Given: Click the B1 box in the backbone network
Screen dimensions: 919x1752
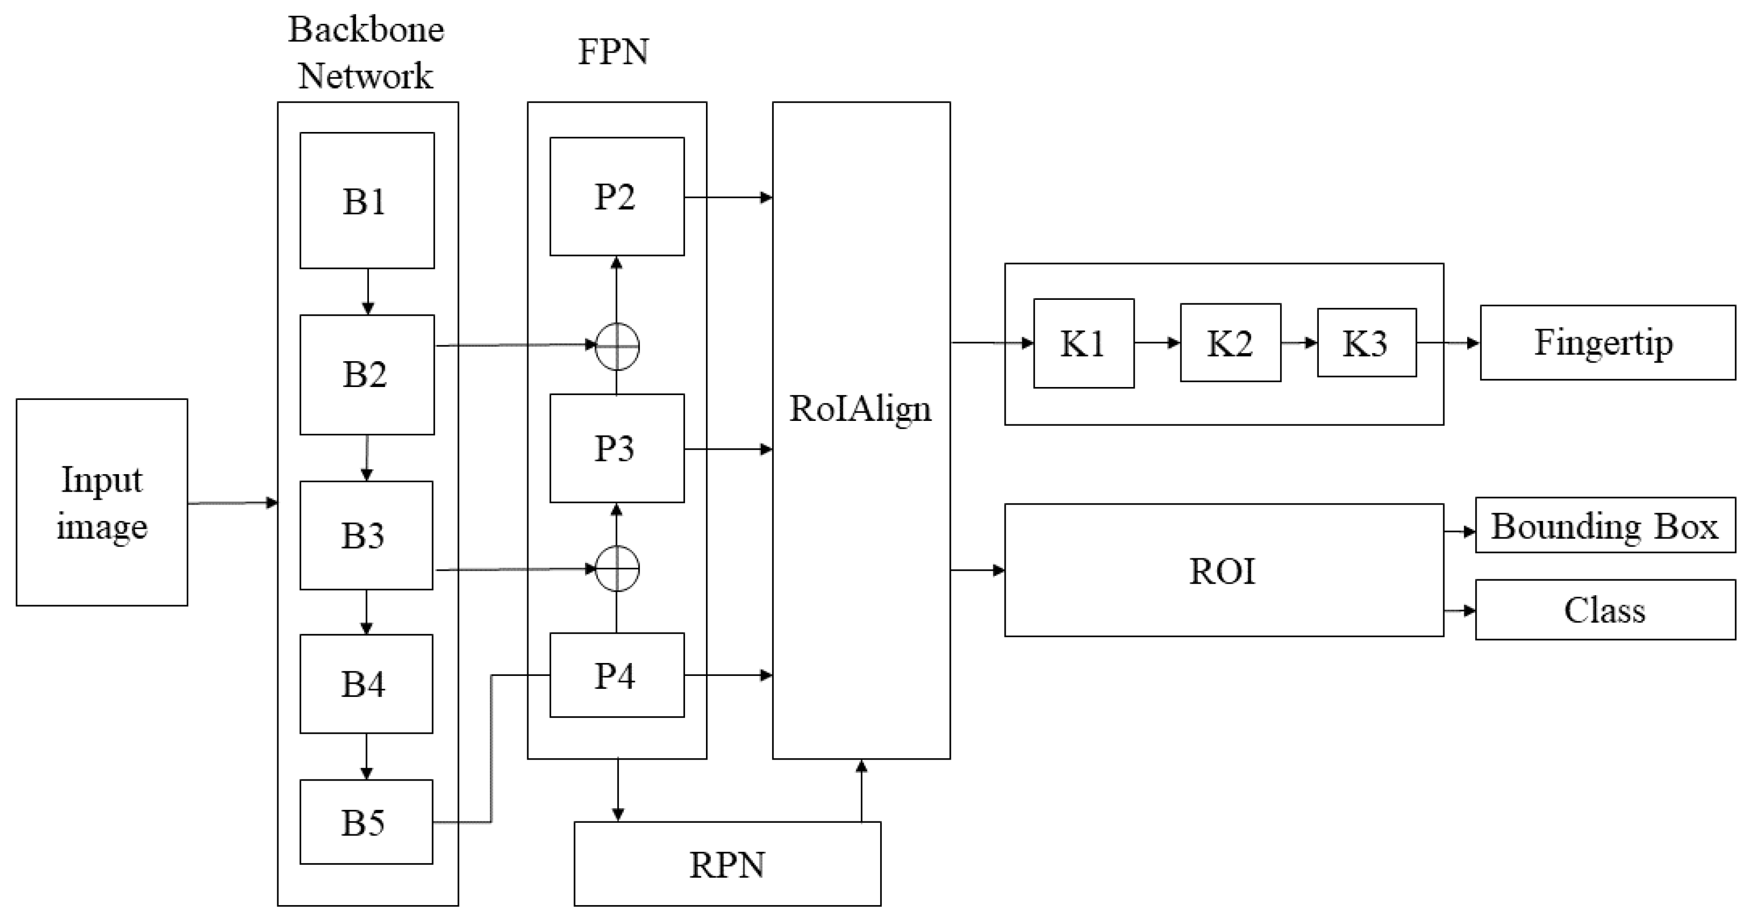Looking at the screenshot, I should [366, 200].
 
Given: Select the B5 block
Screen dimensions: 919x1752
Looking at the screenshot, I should [366, 822].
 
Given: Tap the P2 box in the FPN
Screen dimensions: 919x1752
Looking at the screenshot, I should [616, 197].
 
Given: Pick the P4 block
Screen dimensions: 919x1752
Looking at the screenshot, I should [616, 675].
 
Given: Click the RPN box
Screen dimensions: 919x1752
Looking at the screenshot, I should [727, 864].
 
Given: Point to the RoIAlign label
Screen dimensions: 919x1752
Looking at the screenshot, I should [860, 408].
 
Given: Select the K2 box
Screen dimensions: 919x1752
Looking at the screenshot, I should [1230, 343].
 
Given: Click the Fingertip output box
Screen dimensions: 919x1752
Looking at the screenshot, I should [1607, 342].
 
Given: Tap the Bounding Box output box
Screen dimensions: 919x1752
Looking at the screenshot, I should [1605, 525].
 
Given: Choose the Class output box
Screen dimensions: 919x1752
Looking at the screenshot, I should [1605, 610].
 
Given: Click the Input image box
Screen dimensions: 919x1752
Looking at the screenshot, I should [102, 502].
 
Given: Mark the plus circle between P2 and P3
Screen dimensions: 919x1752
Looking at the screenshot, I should [617, 346].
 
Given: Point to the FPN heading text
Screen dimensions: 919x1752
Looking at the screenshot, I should [613, 52].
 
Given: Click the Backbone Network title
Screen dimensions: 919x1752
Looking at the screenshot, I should [366, 52].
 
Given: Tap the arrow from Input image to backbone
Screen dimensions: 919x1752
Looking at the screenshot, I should [233, 503].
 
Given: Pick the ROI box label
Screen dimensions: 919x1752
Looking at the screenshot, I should [1222, 570].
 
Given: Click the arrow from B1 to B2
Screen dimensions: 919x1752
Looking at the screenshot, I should [367, 291].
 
